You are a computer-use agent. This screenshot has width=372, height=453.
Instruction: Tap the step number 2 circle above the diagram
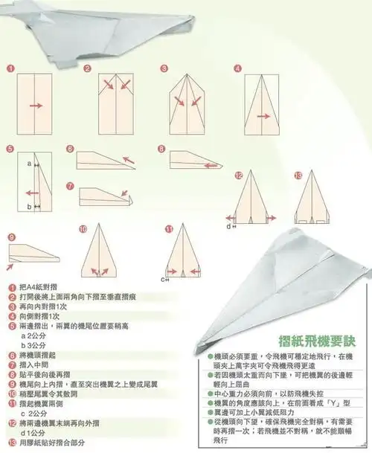(x=87, y=68)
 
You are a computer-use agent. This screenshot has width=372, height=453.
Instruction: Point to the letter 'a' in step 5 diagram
(x=29, y=161)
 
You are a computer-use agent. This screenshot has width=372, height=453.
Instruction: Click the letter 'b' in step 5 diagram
(x=28, y=206)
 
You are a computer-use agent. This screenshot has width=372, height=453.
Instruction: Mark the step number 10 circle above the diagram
(x=83, y=229)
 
